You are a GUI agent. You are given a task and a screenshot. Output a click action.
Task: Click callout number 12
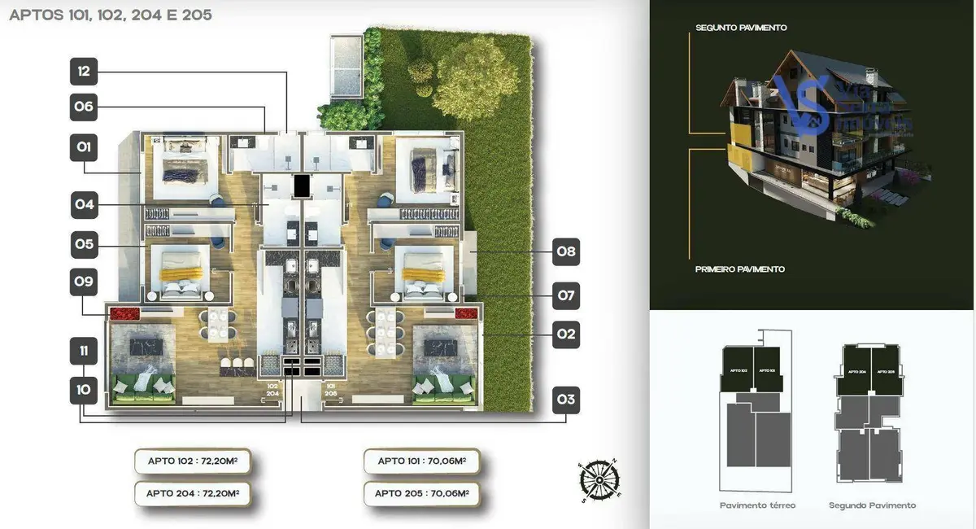pyautogui.click(x=84, y=72)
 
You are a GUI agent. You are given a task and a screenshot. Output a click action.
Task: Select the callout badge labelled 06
pyautogui.click(x=84, y=107)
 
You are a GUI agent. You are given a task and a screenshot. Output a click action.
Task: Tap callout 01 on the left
pyautogui.click(x=84, y=148)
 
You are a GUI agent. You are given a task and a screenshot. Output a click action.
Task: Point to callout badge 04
pyautogui.click(x=84, y=204)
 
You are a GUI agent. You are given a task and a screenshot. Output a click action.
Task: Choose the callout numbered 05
pyautogui.click(x=84, y=243)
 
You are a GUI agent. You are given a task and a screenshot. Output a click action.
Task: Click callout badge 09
pyautogui.click(x=84, y=283)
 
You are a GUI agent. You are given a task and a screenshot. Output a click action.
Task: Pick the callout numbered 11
pyautogui.click(x=84, y=352)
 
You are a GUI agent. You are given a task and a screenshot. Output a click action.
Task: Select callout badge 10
pyautogui.click(x=84, y=390)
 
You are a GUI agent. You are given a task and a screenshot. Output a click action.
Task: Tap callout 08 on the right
pyautogui.click(x=566, y=252)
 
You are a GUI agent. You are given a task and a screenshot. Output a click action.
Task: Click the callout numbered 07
pyautogui.click(x=566, y=295)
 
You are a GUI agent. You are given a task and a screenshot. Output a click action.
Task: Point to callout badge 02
pyautogui.click(x=566, y=334)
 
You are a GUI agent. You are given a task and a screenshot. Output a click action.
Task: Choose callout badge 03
pyautogui.click(x=566, y=400)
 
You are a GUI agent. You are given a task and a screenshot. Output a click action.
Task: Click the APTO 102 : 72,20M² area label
pyautogui.click(x=193, y=461)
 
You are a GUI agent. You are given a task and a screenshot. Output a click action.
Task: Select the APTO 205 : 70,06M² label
pyautogui.click(x=421, y=493)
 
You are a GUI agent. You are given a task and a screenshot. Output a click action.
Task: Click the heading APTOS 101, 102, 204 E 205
pyautogui.click(x=111, y=15)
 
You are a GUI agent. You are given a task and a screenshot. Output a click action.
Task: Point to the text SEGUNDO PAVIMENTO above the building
pyautogui.click(x=741, y=28)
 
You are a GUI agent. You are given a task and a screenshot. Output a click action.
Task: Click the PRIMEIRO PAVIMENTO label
pyautogui.click(x=740, y=269)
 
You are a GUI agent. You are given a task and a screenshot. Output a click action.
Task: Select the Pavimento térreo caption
pyautogui.click(x=757, y=505)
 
